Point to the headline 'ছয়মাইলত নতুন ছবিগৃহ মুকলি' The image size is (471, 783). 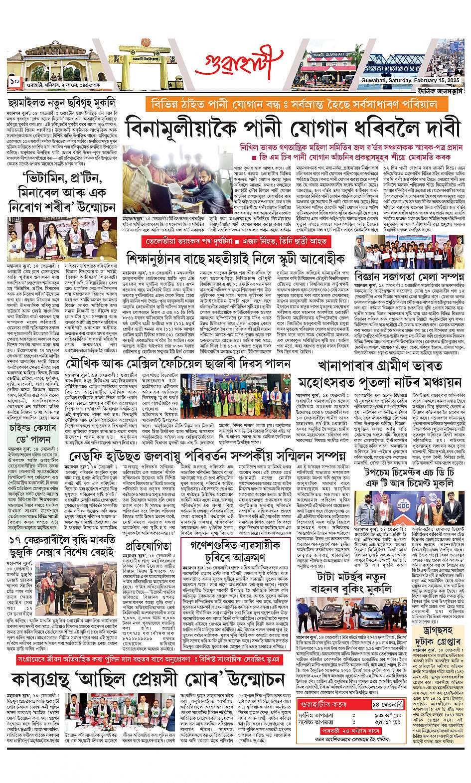(x=62, y=103)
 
